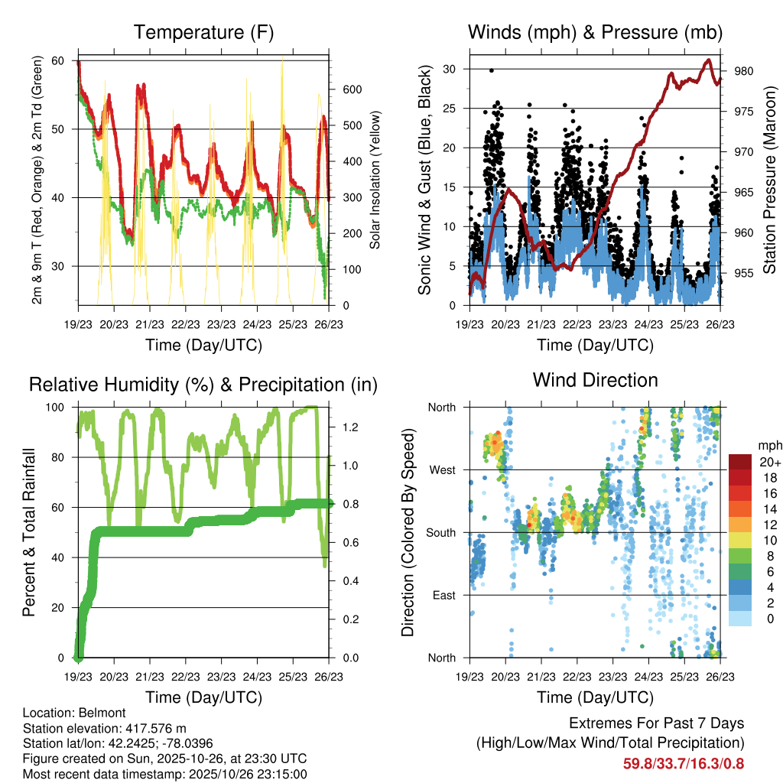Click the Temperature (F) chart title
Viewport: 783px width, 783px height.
coord(203,33)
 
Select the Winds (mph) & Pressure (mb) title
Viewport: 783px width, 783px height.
coord(595,33)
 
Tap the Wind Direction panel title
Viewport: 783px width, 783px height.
coord(595,380)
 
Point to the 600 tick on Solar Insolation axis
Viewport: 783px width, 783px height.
coord(352,89)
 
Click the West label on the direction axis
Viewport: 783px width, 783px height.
coord(442,469)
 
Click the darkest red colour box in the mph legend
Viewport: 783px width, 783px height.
coord(739,462)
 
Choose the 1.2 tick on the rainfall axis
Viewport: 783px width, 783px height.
coord(351,427)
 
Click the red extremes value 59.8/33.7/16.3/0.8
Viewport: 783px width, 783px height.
coord(684,763)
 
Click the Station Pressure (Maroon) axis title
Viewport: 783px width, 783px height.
coord(770,179)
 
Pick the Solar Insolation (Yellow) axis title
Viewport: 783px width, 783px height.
coord(375,180)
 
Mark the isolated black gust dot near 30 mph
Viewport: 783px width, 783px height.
coord(492,70)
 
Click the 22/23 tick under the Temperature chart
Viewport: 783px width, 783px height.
coord(185,325)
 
